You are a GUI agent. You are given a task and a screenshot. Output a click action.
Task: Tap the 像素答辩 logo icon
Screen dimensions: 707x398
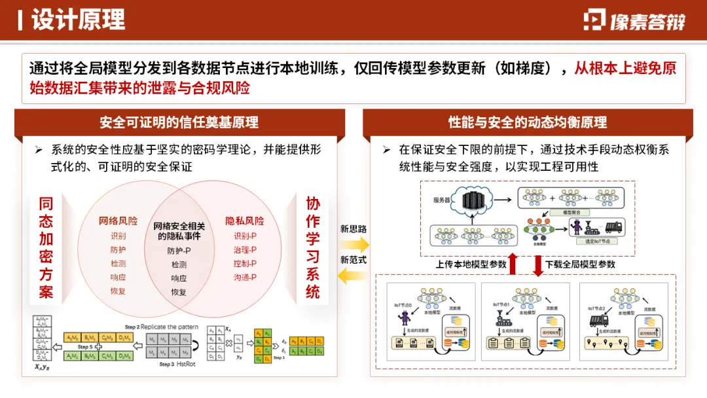[x=595, y=20]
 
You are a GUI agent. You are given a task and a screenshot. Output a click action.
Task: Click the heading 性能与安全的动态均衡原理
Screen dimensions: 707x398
[x=527, y=122]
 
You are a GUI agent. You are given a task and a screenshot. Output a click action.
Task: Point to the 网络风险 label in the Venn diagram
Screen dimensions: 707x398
[x=118, y=221]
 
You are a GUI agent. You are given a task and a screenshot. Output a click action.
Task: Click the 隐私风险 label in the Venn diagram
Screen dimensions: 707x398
[x=245, y=221]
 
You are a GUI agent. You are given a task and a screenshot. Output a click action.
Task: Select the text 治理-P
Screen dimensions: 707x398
[x=245, y=249]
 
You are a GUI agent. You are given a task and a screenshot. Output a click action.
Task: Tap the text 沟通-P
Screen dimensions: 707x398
[x=245, y=278]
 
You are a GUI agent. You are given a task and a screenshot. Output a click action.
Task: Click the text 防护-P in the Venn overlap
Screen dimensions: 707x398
[x=179, y=251]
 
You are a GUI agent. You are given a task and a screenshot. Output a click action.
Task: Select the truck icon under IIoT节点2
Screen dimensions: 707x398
[x=599, y=319]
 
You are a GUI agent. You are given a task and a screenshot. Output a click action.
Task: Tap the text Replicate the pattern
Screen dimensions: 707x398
[x=162, y=327]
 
